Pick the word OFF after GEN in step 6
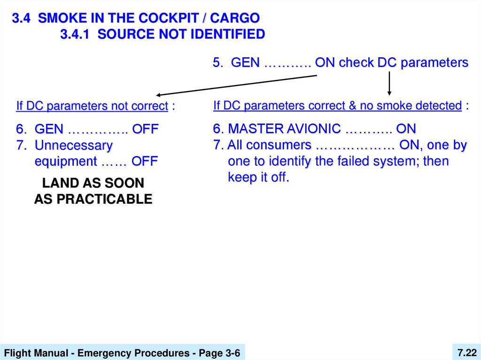point(145,129)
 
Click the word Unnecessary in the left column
point(74,146)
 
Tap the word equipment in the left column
point(65,161)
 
